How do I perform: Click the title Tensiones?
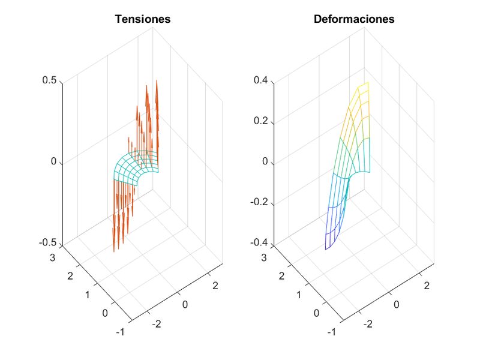pyautogui.click(x=143, y=19)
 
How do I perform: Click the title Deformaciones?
pyautogui.click(x=354, y=19)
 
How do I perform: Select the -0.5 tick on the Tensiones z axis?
pyautogui.click(x=49, y=243)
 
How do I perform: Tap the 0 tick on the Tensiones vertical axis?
pyautogui.click(x=55, y=162)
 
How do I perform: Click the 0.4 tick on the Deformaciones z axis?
pyautogui.click(x=262, y=81)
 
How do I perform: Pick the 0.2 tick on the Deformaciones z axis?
pyautogui.click(x=262, y=122)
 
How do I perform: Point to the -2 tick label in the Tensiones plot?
pyautogui.click(x=158, y=324)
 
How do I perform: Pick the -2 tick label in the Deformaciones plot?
pyautogui.click(x=369, y=324)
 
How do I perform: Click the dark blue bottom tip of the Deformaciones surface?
pyautogui.click(x=326, y=248)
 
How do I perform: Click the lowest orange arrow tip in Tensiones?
pyautogui.click(x=114, y=251)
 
